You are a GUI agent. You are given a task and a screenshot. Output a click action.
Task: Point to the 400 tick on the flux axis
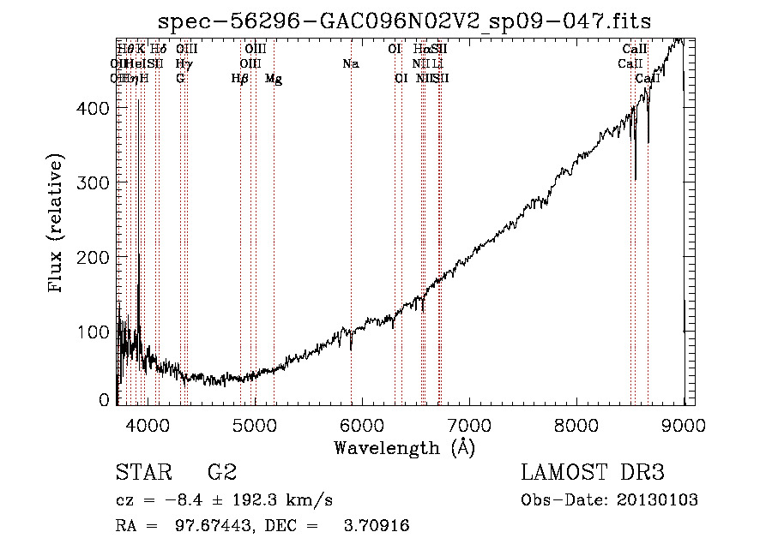pos(96,108)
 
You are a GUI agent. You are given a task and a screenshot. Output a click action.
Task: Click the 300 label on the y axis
pos(96,182)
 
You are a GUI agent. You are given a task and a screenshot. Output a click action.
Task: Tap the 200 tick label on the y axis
pos(96,257)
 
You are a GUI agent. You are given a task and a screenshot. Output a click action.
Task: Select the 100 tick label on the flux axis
pos(96,332)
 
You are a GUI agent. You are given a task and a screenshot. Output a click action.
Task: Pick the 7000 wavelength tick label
pos(469,424)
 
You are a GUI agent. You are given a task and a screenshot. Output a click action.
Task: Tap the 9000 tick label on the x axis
pos(685,424)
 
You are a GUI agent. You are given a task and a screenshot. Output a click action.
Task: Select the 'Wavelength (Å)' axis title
pos(404,447)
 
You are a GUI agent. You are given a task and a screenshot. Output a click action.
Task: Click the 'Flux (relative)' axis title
pos(57,225)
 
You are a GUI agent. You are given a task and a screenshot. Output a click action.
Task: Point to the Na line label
pos(350,64)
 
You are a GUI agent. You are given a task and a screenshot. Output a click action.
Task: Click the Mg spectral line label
pos(274,79)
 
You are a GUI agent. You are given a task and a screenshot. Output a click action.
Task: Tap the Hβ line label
pos(240,79)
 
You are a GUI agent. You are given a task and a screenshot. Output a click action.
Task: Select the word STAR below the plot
pos(143,473)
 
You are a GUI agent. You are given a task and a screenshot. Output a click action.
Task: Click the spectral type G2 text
pos(221,473)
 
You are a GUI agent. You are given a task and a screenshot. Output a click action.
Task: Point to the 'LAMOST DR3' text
pos(593,473)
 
